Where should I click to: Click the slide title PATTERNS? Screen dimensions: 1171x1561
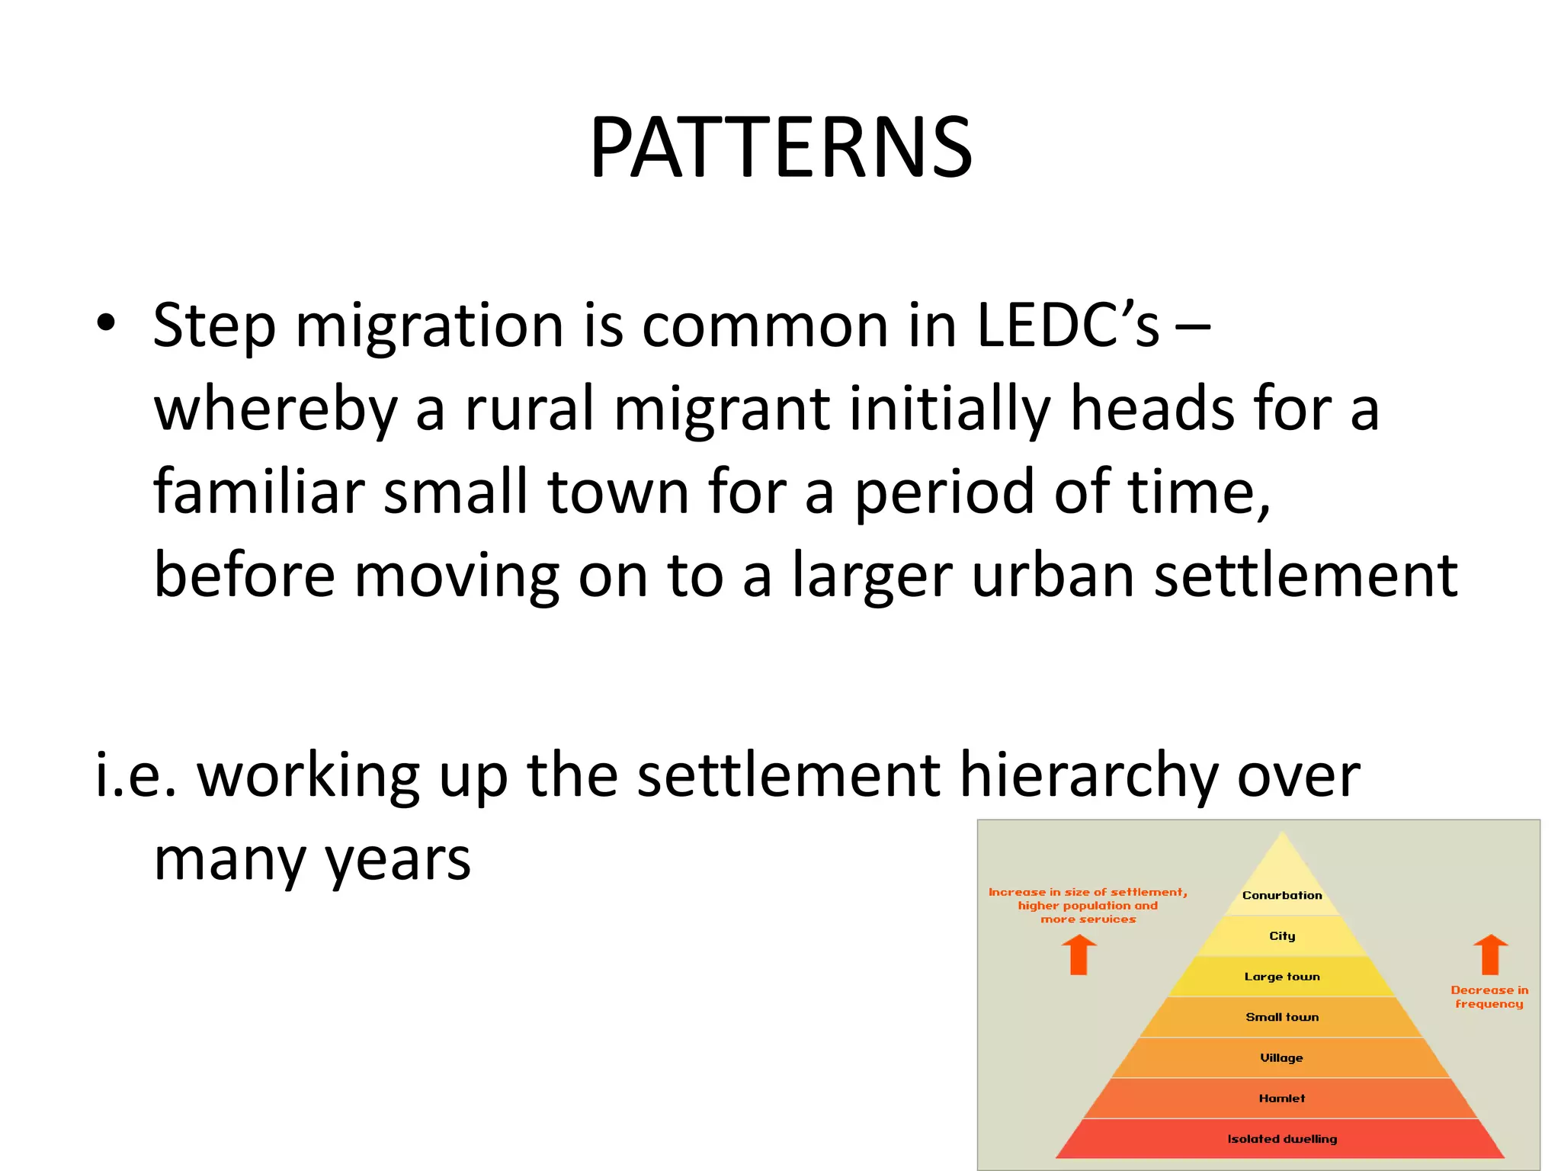[780, 147]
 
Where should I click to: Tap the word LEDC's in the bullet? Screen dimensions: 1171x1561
[1067, 326]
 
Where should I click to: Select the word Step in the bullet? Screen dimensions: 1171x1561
[214, 326]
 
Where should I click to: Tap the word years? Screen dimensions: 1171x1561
[398, 860]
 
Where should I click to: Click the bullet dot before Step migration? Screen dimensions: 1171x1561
[106, 323]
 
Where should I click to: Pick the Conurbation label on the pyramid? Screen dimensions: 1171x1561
[1282, 895]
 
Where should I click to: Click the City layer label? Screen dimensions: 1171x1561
[1282, 935]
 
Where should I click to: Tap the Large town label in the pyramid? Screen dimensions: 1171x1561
[1282, 977]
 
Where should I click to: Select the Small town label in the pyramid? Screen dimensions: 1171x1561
[1282, 1017]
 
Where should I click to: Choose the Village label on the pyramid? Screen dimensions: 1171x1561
[1282, 1057]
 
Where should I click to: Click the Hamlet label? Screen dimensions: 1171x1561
[1282, 1098]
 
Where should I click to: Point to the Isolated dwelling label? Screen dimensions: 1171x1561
[1282, 1139]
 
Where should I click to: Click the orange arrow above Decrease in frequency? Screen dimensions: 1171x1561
[1490, 954]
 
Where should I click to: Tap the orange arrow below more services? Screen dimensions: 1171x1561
[1079, 954]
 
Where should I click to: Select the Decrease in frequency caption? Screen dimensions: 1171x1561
[1489, 996]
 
